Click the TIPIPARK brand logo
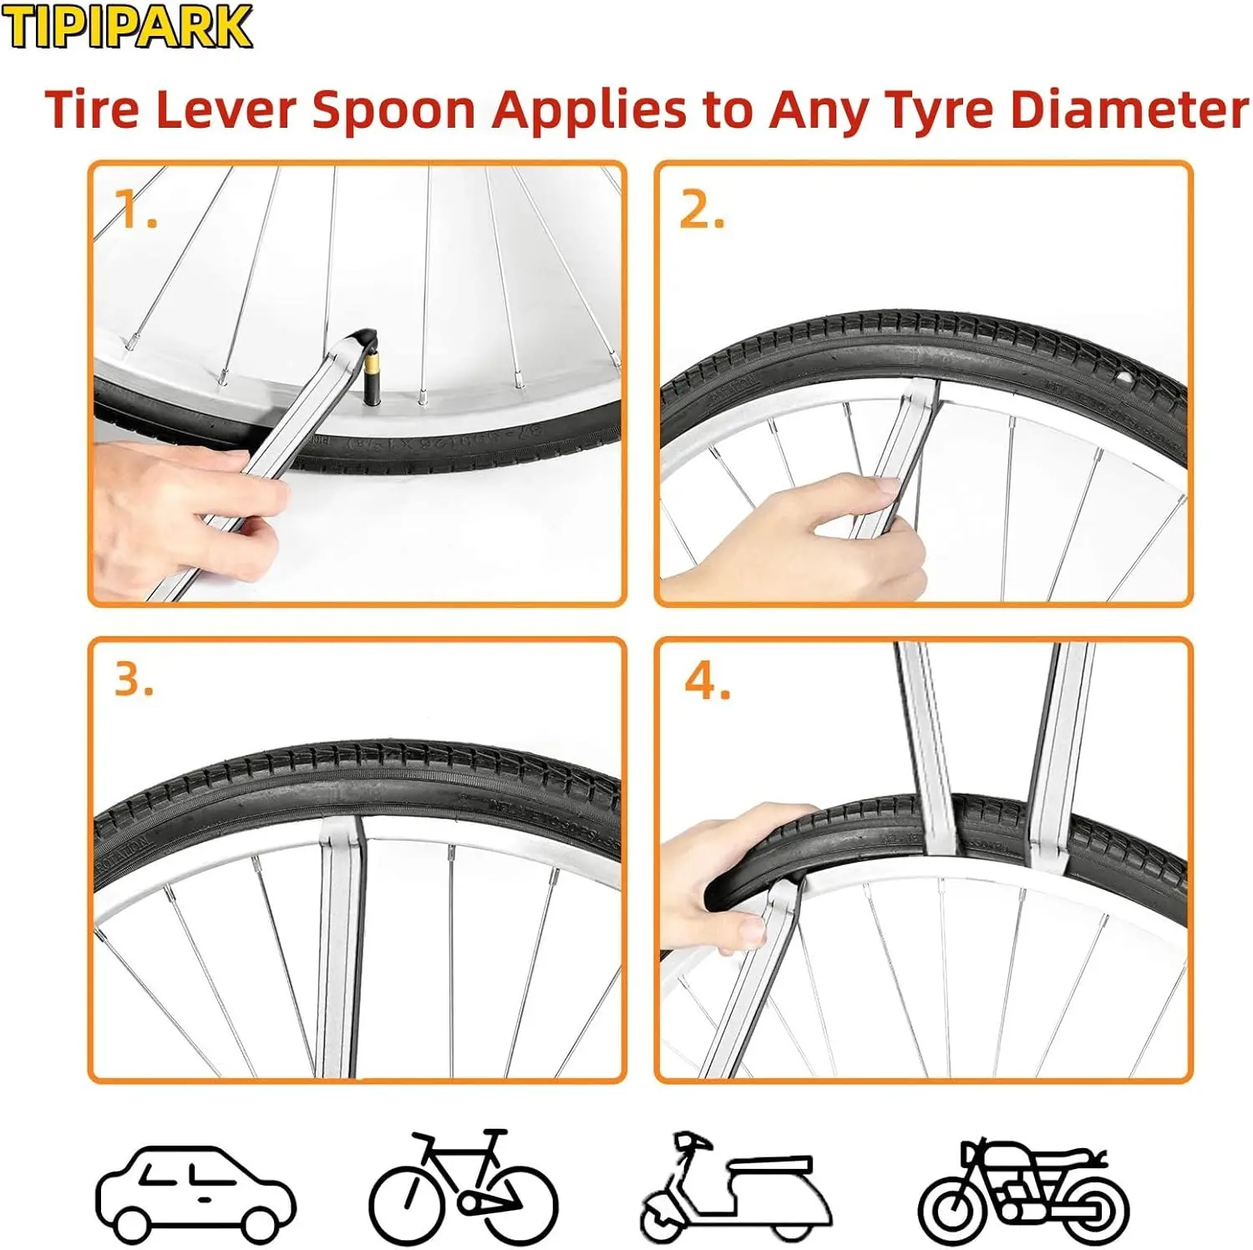(x=126, y=27)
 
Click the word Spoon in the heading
(x=393, y=111)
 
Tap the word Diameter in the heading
(x=1129, y=109)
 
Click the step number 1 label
(x=134, y=209)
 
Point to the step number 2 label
(x=702, y=210)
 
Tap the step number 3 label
(x=134, y=680)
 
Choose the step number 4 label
(x=707, y=681)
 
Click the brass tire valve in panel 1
(x=372, y=372)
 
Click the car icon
(x=195, y=1193)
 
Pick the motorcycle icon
(x=1023, y=1190)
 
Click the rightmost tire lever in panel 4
(x=1061, y=752)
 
